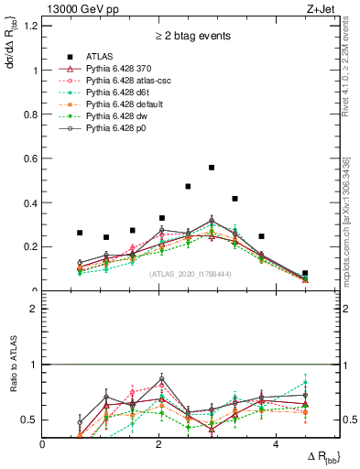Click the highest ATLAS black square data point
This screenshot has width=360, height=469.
point(212,168)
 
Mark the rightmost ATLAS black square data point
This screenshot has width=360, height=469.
point(305,273)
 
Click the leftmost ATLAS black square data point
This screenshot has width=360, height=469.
point(80,233)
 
